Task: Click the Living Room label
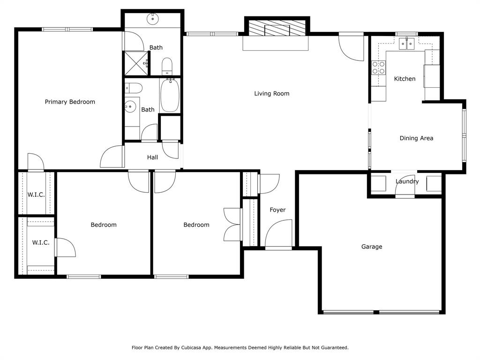click(x=271, y=93)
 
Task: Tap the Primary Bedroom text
click(x=70, y=102)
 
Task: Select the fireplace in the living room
click(x=276, y=29)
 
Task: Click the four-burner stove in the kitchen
click(x=378, y=67)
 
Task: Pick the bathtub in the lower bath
click(x=169, y=95)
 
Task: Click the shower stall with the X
click(x=135, y=63)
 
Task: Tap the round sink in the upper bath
click(x=152, y=19)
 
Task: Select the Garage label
click(x=372, y=247)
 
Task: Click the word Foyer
click(x=277, y=210)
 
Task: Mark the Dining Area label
click(x=416, y=138)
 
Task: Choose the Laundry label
click(x=407, y=181)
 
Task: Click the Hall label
click(x=152, y=157)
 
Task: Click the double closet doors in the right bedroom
click(x=232, y=225)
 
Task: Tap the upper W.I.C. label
click(x=36, y=195)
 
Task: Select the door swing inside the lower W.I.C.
click(x=65, y=247)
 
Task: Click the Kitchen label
click(x=405, y=79)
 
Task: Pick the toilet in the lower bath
click(x=134, y=88)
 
